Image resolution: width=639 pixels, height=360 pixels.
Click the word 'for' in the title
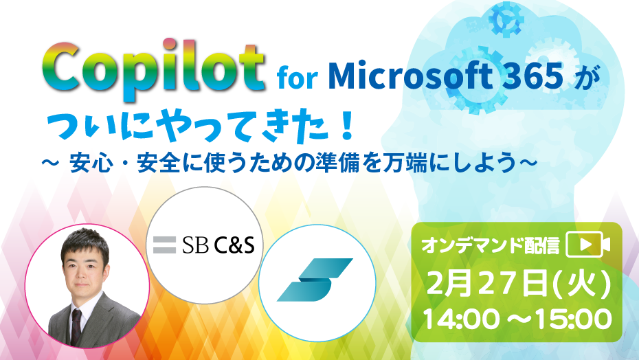pyautogui.click(x=298, y=79)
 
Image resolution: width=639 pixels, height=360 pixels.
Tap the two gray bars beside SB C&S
pyautogui.click(x=165, y=245)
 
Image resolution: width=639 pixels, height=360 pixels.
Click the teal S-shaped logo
pyautogui.click(x=315, y=280)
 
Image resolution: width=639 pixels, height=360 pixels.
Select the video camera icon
pyautogui.click(x=588, y=244)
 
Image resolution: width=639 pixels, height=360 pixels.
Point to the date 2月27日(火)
pyautogui.click(x=519, y=283)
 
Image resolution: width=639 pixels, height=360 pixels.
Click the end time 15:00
pyautogui.click(x=574, y=318)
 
